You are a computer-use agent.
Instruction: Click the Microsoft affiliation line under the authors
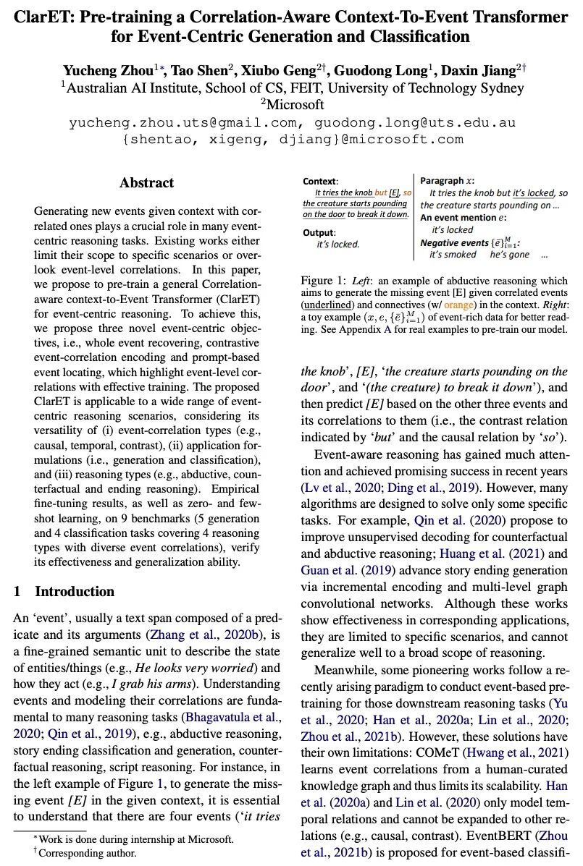[293, 105]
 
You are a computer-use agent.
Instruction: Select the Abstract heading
[146, 183]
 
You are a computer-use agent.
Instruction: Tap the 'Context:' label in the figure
[320, 180]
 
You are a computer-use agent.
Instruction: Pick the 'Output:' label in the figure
[319, 232]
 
